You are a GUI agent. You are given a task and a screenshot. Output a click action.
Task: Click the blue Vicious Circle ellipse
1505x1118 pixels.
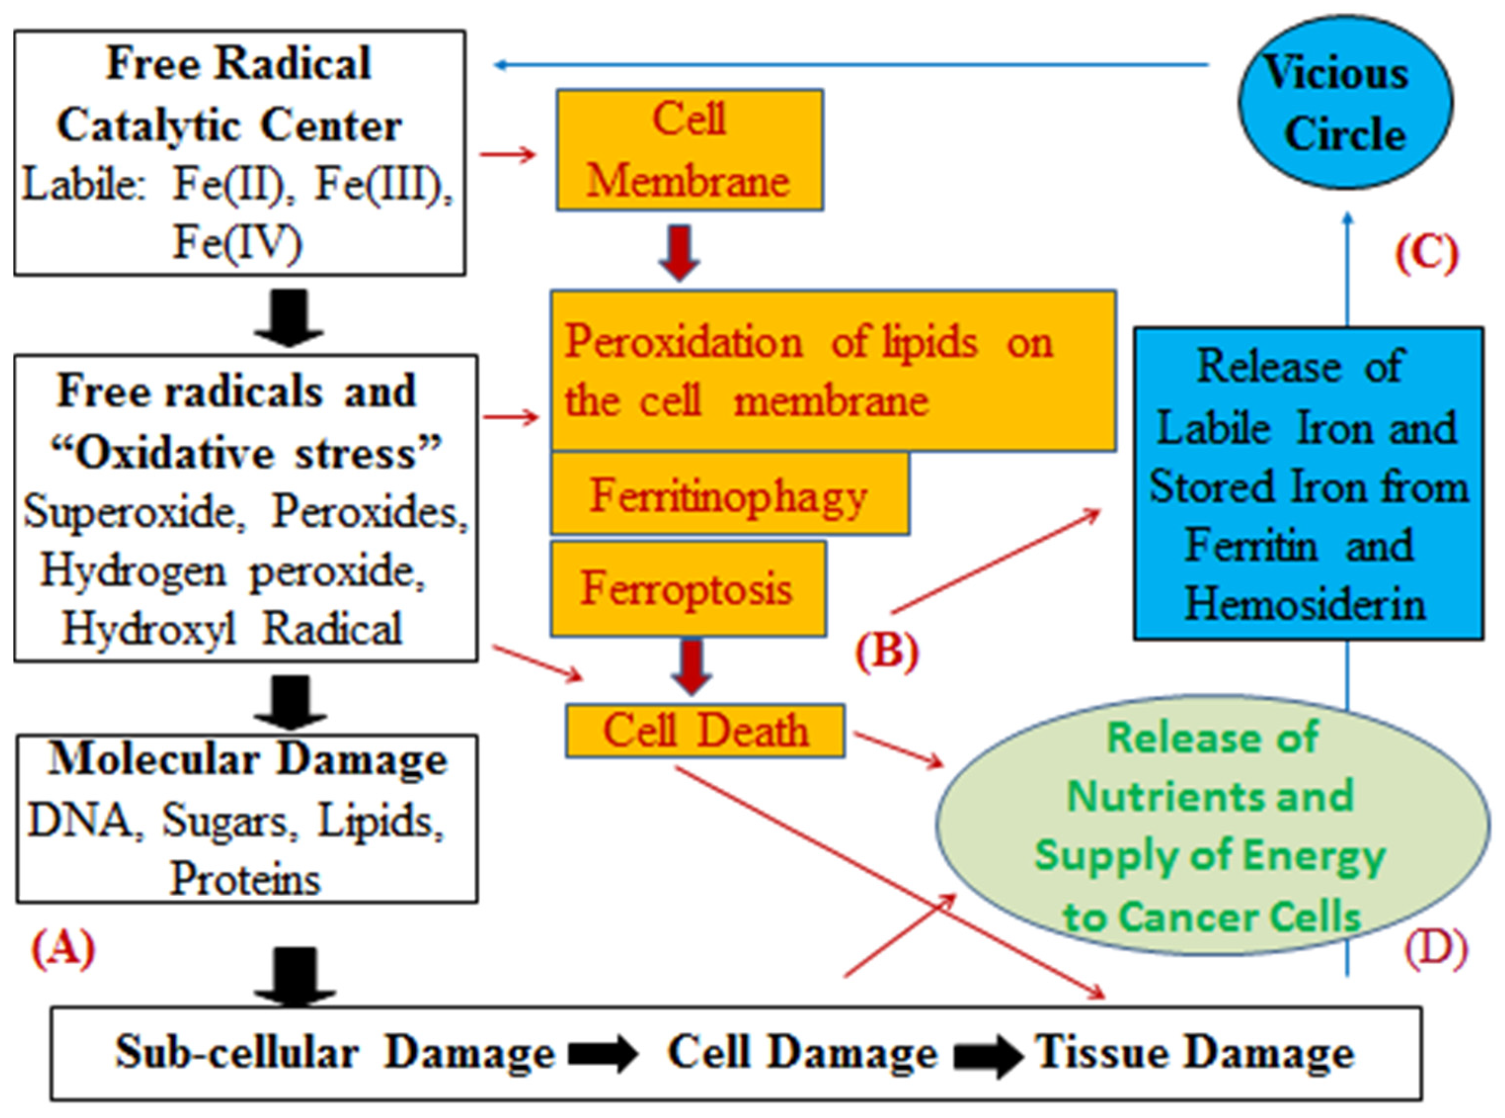(1345, 103)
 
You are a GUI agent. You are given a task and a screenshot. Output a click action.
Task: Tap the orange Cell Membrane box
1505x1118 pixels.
(689, 150)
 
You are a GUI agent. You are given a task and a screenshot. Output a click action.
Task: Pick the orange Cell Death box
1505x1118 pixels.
(705, 731)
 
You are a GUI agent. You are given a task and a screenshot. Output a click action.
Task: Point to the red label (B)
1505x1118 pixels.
(887, 652)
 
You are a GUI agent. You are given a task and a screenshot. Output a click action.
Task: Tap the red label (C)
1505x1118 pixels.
(1427, 254)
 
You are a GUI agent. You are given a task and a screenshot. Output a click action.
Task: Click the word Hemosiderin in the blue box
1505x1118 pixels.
(1305, 604)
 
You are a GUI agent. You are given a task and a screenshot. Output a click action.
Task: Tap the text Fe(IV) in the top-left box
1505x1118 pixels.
(237, 242)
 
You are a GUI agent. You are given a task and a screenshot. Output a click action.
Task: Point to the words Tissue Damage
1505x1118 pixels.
(1195, 1053)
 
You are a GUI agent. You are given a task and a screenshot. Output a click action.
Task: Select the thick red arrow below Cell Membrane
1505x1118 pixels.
(679, 252)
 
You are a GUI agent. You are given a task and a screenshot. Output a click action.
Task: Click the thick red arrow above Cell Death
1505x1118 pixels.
(691, 667)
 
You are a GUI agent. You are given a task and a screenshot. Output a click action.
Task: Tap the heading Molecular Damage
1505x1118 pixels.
(248, 759)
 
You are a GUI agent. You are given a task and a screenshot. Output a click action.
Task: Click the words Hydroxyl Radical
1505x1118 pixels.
(232, 628)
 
